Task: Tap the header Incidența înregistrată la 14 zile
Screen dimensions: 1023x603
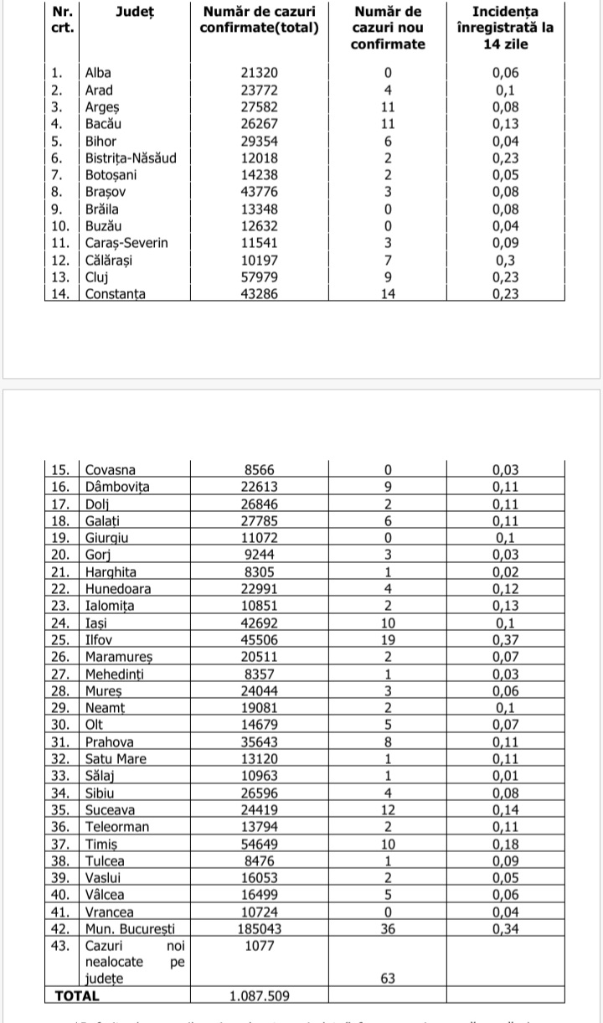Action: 504,28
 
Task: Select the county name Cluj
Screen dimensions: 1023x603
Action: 97,277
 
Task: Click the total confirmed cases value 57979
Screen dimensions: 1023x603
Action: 259,277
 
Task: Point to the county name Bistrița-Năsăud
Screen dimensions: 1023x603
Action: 131,158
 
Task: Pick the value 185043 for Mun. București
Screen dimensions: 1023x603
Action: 259,929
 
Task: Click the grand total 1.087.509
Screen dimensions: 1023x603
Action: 259,997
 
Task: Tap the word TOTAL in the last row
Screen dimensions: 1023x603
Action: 77,997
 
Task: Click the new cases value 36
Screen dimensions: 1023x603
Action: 387,929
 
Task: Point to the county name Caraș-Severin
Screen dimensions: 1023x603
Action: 126,243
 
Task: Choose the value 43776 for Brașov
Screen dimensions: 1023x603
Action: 259,192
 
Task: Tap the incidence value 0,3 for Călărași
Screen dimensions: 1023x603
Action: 504,260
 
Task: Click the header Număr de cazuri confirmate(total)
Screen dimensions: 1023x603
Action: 259,20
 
